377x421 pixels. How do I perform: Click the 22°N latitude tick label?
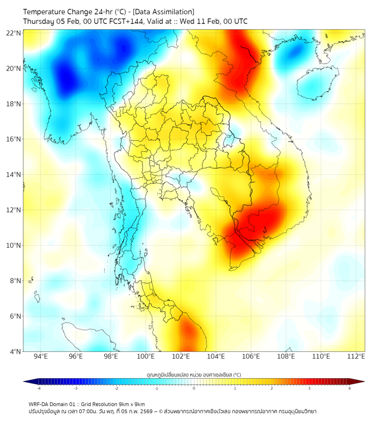(x=14, y=33)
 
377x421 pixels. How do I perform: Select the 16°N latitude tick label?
(x=14, y=139)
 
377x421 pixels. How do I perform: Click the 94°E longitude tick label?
(x=41, y=356)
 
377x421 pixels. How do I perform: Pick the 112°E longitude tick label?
(x=356, y=356)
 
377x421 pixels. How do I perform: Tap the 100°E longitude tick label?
(x=146, y=356)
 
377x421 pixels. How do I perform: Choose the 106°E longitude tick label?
(x=251, y=356)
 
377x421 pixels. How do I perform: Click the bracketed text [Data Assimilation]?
(x=165, y=12)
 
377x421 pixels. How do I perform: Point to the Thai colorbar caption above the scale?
(x=194, y=374)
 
